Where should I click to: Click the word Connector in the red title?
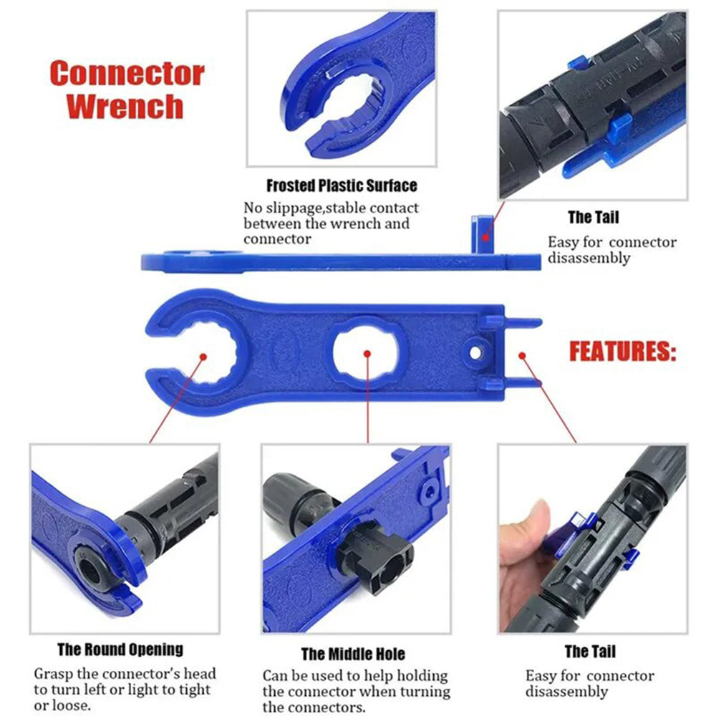click(x=127, y=74)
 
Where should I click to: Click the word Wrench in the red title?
click(x=127, y=105)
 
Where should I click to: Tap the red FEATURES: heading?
click(x=622, y=352)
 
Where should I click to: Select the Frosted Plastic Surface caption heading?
click(x=341, y=185)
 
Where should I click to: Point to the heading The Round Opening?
click(x=120, y=650)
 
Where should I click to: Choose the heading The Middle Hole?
click(x=353, y=654)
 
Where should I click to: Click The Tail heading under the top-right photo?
click(x=593, y=217)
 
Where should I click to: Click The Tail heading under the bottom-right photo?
click(x=589, y=652)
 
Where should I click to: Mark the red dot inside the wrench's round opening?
click(x=204, y=355)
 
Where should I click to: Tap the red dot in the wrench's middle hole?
click(x=367, y=354)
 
